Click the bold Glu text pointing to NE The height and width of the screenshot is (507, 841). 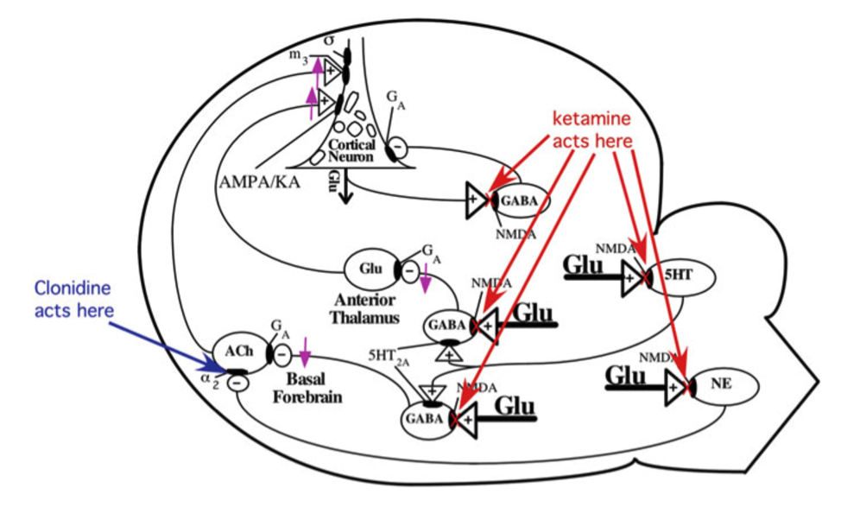629,377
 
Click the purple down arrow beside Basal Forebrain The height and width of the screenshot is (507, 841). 307,354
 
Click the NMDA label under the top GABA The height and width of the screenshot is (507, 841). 513,231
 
